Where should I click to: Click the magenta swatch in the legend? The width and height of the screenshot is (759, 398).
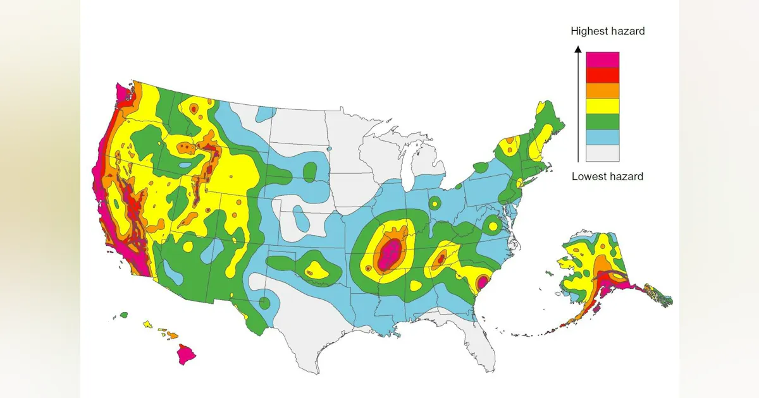tap(602, 59)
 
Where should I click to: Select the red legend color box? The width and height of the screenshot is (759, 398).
tap(602, 75)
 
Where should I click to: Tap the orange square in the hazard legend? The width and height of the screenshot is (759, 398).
tap(602, 91)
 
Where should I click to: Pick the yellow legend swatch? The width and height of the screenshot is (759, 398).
tap(602, 106)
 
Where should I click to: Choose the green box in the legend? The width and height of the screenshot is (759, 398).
tap(602, 122)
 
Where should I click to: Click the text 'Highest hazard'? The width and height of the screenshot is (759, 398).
tap(607, 31)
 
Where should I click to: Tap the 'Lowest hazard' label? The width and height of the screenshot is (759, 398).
tap(607, 176)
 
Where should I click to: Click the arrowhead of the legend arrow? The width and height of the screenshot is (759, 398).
tap(577, 48)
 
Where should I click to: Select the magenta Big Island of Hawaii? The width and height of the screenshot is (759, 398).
tap(186, 354)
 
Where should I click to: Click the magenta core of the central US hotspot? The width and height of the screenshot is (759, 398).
tap(390, 253)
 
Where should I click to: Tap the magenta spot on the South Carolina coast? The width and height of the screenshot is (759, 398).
tap(482, 282)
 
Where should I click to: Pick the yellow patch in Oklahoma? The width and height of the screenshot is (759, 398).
tap(316, 272)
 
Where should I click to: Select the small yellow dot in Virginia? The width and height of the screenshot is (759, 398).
tap(493, 226)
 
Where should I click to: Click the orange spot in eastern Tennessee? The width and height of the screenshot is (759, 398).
tap(441, 259)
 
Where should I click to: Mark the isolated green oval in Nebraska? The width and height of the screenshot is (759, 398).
tap(310, 171)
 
